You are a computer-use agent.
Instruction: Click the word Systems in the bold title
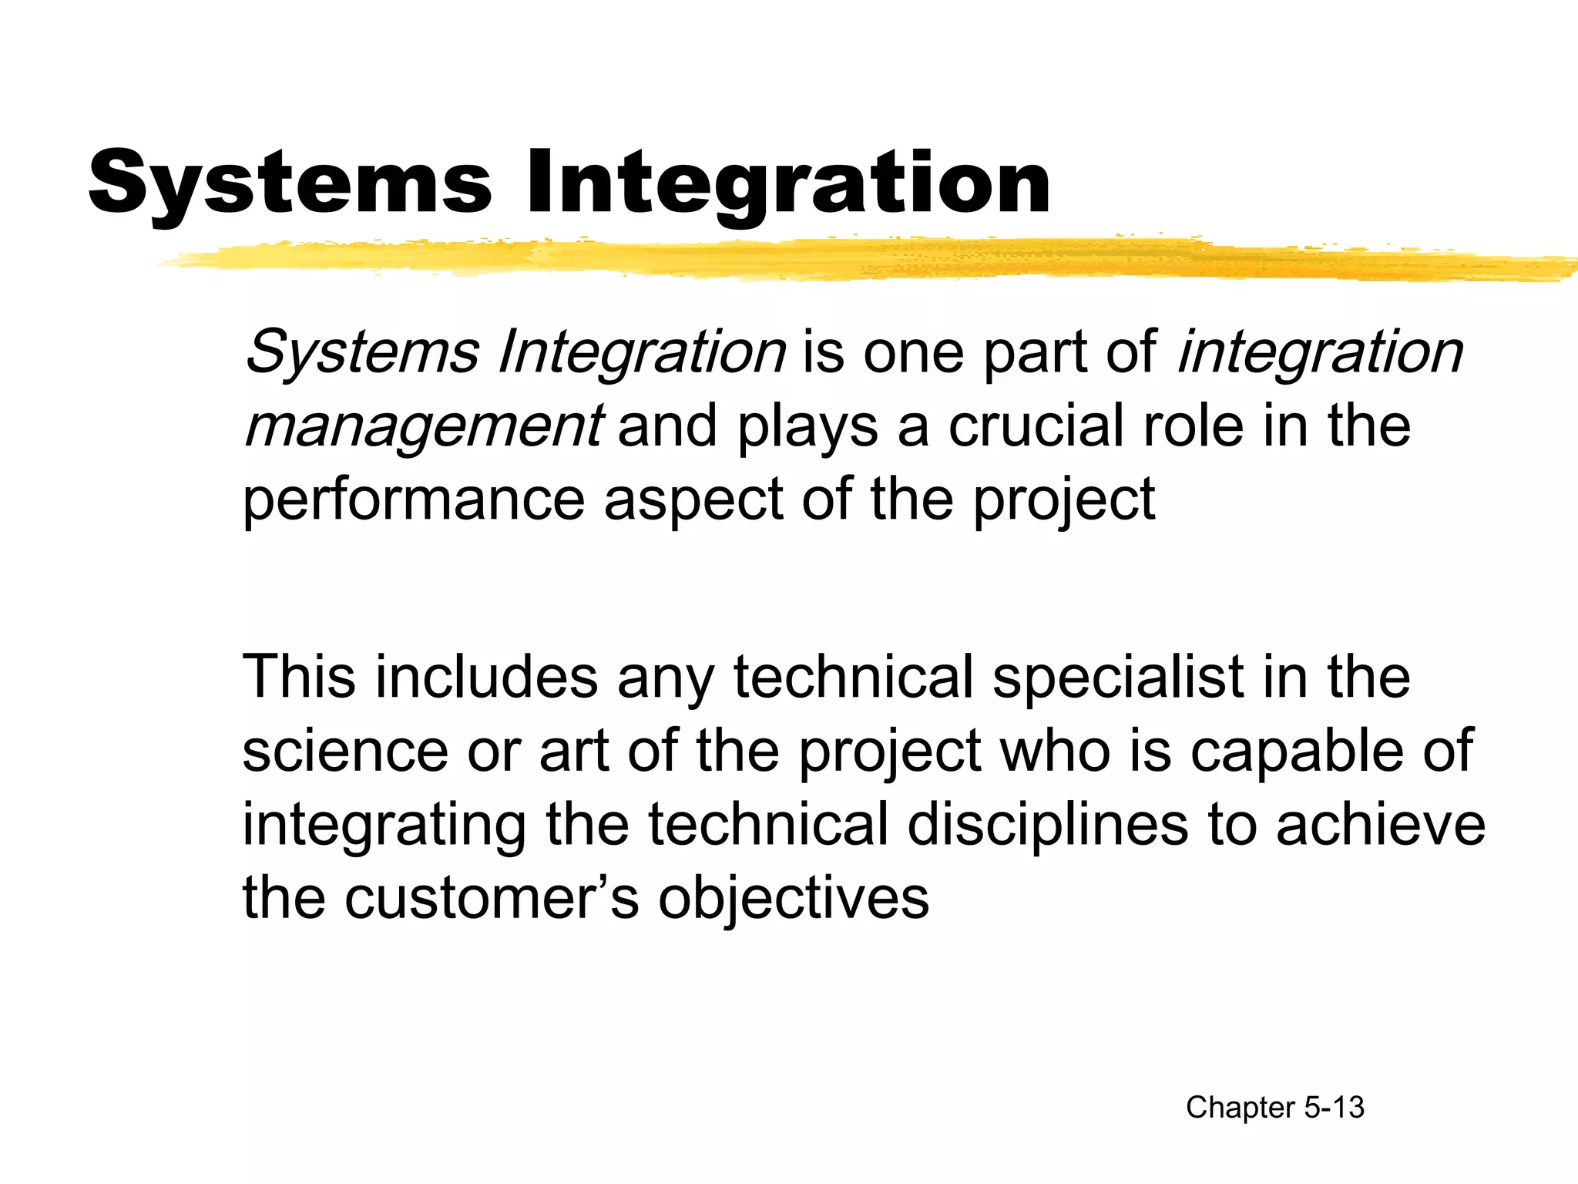coord(290,183)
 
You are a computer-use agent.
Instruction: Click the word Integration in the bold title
coord(787,183)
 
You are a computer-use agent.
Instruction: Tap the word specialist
coord(1117,677)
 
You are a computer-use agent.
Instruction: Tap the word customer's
coord(492,899)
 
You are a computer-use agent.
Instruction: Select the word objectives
coord(794,899)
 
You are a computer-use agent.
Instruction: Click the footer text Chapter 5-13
coord(1275,1108)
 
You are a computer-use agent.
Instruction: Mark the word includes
coord(487,677)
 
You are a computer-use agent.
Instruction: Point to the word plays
coord(807,427)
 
